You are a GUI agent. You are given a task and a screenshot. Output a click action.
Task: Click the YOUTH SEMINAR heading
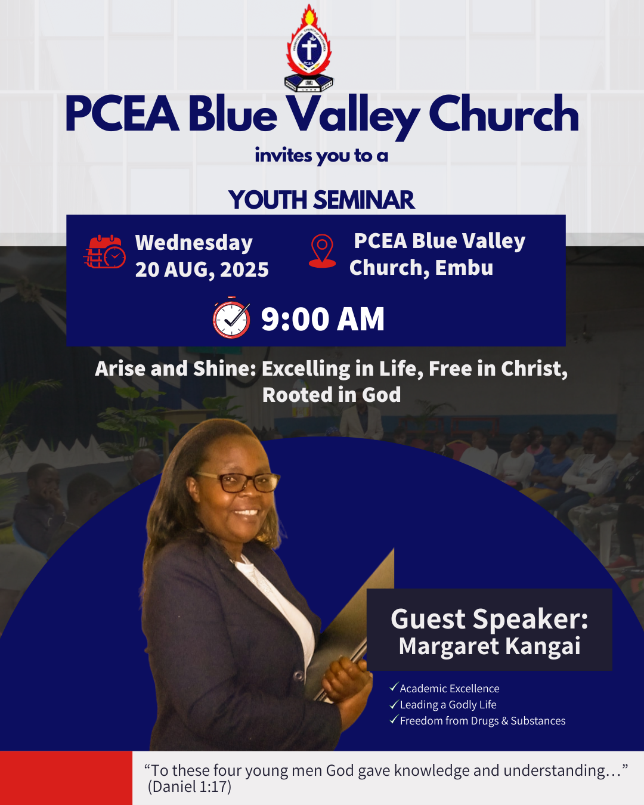point(321,200)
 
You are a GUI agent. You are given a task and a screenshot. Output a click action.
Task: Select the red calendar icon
point(104,252)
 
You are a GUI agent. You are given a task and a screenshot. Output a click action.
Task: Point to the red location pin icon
point(323,250)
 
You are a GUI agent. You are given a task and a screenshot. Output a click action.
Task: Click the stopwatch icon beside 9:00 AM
point(231,318)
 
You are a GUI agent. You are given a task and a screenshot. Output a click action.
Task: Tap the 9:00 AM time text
point(323,319)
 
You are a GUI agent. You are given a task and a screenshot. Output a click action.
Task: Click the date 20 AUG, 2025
point(202,270)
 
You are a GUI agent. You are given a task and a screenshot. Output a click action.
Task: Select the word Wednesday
point(194,243)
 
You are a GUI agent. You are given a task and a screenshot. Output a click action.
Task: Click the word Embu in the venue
point(464,268)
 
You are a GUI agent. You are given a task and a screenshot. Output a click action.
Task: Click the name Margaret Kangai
point(490,646)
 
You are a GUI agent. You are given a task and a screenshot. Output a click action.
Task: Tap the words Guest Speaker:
point(490,619)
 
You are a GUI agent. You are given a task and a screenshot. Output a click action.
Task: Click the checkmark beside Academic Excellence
point(394,688)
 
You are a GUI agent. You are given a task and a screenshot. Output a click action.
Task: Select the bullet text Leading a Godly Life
point(448,705)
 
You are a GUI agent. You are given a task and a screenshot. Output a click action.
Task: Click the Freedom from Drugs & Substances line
point(482,721)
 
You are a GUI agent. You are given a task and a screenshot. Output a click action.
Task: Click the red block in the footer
point(66,778)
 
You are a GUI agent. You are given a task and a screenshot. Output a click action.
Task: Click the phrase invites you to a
point(321,156)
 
